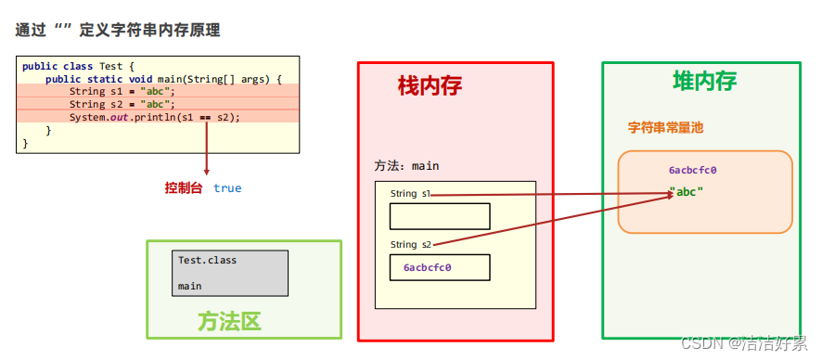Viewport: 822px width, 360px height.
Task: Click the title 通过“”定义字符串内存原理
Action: [117, 30]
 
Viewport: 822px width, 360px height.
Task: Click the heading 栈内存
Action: [430, 86]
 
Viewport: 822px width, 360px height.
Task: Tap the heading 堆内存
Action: [704, 81]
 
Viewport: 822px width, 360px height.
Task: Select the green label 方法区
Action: [229, 321]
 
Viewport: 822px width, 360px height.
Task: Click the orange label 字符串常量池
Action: [665, 127]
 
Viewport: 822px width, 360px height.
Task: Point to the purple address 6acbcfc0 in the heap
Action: [692, 171]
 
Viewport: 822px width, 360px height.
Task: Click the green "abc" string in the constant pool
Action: [687, 192]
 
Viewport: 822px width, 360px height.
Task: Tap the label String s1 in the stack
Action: [411, 194]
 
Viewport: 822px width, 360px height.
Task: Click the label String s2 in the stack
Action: [411, 245]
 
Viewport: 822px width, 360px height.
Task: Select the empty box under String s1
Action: [439, 216]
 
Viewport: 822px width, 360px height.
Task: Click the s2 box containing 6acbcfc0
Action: [439, 267]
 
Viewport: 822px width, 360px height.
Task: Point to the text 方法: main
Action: [406, 166]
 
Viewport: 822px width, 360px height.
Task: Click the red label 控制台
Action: [184, 187]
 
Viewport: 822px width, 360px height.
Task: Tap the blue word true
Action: [227, 188]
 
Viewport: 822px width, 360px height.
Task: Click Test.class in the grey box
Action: [207, 261]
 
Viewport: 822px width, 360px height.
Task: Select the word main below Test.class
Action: [189, 287]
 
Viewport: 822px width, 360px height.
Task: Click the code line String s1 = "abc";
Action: [122, 91]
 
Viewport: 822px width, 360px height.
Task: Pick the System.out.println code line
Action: [154, 117]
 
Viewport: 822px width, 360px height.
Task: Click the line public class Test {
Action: [78, 66]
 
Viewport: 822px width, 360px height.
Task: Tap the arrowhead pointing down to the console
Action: [206, 172]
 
